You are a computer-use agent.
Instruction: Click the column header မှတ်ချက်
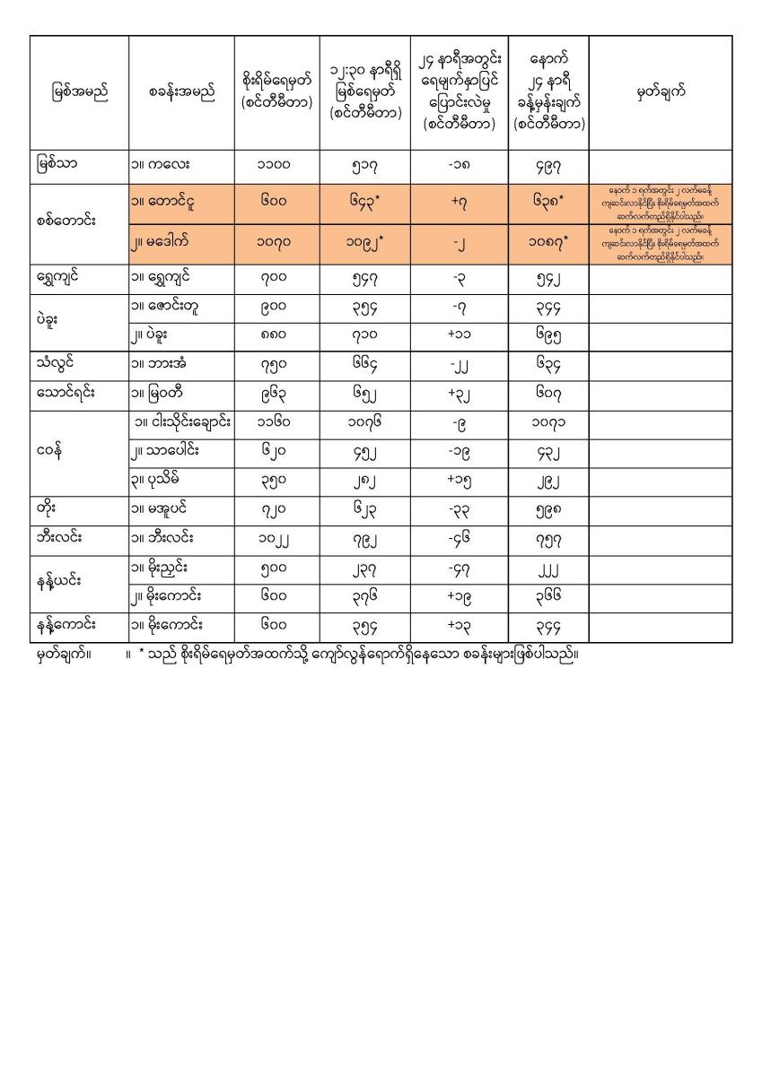[660, 92]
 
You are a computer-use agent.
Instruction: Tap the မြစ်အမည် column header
[80, 92]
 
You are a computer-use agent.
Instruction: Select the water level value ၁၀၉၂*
[364, 242]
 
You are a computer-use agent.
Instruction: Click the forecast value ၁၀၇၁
[547, 422]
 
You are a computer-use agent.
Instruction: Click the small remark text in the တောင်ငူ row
[660, 203]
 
